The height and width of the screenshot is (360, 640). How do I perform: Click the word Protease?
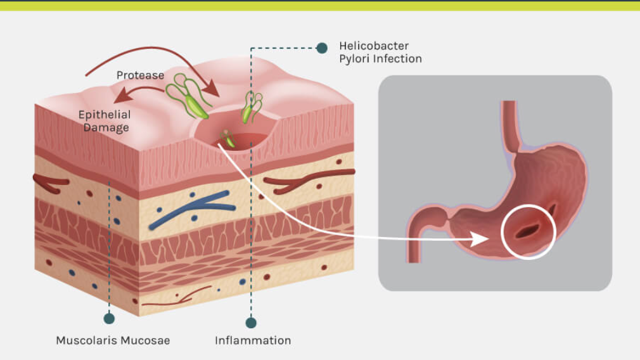(x=140, y=75)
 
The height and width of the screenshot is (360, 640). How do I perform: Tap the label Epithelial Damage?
(x=105, y=121)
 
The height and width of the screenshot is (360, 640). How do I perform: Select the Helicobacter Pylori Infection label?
(x=380, y=53)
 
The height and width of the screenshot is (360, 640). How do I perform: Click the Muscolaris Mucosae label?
(x=113, y=340)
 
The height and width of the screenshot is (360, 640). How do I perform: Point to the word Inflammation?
(x=253, y=340)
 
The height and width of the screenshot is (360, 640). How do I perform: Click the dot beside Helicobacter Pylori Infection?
(x=322, y=48)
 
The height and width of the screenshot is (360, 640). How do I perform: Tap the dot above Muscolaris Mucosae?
(x=109, y=318)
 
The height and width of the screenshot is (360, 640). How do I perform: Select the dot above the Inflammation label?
(x=251, y=323)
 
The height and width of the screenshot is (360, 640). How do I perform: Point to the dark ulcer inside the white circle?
(x=528, y=230)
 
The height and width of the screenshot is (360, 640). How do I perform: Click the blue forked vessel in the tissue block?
(x=190, y=209)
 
